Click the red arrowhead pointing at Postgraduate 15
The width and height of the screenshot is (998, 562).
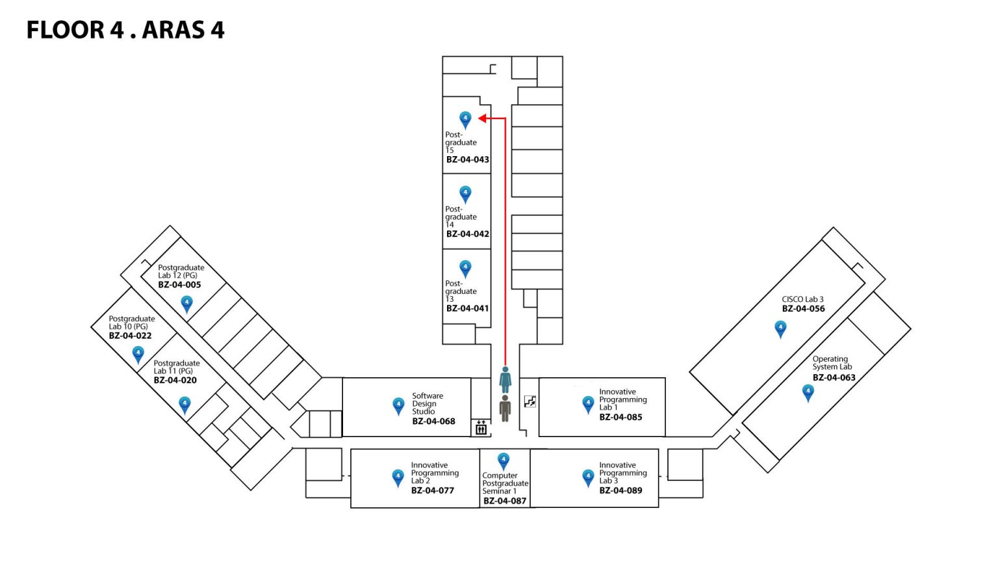483,118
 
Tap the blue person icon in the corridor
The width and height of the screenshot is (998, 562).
505,379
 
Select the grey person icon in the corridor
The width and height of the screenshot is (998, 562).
505,408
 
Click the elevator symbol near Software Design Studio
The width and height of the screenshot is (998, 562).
481,427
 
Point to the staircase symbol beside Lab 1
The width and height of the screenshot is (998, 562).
530,402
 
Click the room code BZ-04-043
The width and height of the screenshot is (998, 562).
468,159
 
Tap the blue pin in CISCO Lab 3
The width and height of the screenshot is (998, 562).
780,328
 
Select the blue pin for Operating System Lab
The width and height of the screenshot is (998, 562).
808,392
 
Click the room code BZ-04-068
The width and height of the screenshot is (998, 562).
433,421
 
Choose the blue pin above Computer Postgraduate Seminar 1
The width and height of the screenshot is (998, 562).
503,461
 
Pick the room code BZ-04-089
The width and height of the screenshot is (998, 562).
621,490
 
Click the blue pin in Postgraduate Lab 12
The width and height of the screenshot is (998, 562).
186,304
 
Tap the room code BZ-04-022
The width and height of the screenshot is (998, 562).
130,336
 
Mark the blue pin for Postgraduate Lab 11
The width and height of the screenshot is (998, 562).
185,405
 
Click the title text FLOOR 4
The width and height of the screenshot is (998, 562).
75,30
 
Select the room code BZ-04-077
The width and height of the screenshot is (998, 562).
432,490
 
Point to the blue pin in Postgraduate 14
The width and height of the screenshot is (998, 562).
465,194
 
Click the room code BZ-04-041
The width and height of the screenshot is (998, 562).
467,308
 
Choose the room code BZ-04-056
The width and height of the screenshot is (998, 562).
803,309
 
